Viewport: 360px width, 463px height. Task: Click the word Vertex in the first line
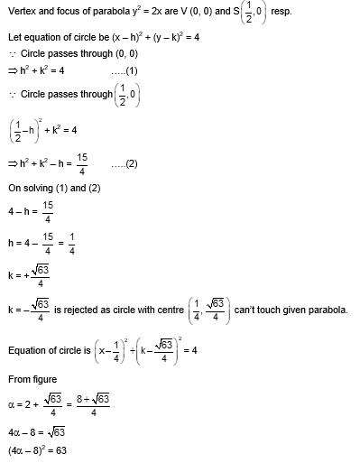[21, 12]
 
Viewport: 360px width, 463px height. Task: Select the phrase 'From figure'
[30, 384]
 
